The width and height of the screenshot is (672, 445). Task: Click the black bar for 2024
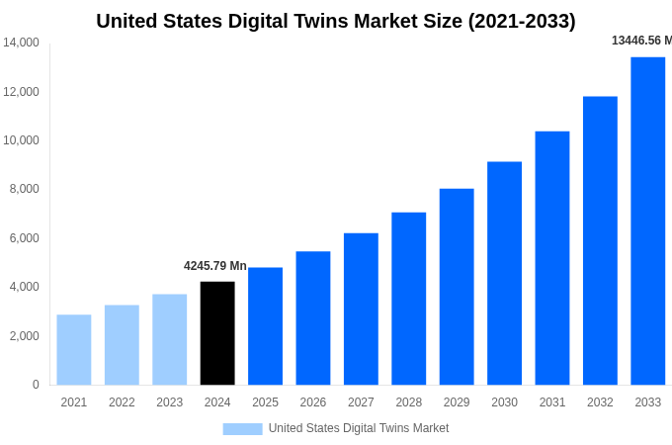coord(217,333)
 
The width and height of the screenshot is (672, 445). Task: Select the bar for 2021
coord(74,350)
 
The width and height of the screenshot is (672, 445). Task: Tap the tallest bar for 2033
coord(647,221)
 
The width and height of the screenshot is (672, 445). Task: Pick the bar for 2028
coord(408,299)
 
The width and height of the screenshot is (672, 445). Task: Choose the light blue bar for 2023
coord(169,339)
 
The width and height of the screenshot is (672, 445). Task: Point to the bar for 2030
coord(504,273)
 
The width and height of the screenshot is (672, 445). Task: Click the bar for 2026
coord(313,317)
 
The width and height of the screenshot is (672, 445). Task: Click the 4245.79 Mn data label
coord(215,266)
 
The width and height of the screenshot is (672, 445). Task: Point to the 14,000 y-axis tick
coord(21,43)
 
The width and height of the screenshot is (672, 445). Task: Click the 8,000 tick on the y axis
coord(24,189)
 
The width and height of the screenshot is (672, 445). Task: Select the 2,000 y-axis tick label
coord(24,336)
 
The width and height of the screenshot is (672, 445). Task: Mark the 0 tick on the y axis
coord(36,385)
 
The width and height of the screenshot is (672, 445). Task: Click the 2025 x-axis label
coord(265,402)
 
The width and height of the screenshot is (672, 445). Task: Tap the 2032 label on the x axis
coord(600,402)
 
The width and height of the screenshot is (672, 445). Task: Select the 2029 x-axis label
coord(457,402)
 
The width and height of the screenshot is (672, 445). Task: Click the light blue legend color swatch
coord(242,429)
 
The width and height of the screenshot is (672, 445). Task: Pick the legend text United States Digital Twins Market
coord(359,428)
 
